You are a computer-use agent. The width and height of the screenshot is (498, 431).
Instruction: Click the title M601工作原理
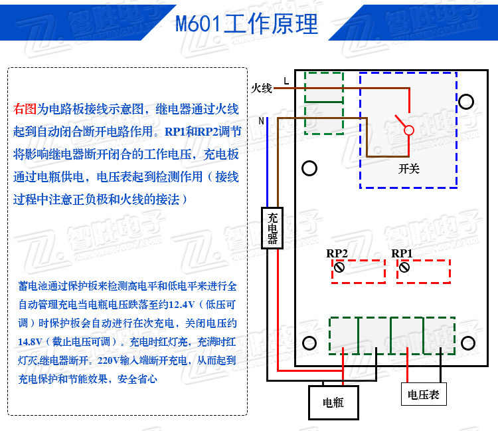coord(247,24)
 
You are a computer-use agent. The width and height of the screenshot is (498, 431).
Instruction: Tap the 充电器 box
coord(272,229)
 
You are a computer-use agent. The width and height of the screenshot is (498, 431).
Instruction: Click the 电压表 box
coord(423,394)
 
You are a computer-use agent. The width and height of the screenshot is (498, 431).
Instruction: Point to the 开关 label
coord(409,168)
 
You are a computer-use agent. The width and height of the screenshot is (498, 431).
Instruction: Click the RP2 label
coord(337,253)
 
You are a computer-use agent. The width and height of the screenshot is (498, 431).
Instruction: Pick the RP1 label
coord(402,253)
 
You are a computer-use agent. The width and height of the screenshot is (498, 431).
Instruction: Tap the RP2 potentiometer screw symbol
coord(339,267)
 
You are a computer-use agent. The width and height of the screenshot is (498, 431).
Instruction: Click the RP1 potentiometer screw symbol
coord(403,267)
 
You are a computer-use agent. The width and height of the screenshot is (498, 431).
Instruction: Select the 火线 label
coord(262,88)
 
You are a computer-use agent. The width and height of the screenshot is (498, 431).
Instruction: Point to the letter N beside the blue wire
coord(261,121)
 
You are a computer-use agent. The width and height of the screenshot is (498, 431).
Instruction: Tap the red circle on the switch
coord(409,130)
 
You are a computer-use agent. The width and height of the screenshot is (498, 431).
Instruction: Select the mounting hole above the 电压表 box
coord(467,343)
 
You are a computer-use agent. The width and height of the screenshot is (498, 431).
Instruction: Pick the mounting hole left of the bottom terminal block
coord(309,343)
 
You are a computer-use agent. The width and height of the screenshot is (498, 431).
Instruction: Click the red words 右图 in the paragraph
coord(25,108)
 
